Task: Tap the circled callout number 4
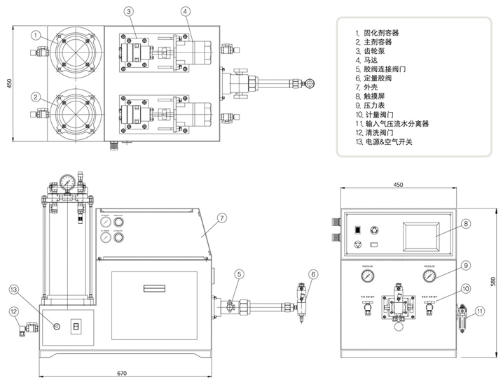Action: (185, 11)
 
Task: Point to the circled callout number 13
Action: (15, 288)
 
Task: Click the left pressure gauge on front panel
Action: (368, 276)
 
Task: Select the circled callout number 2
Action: (34, 97)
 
